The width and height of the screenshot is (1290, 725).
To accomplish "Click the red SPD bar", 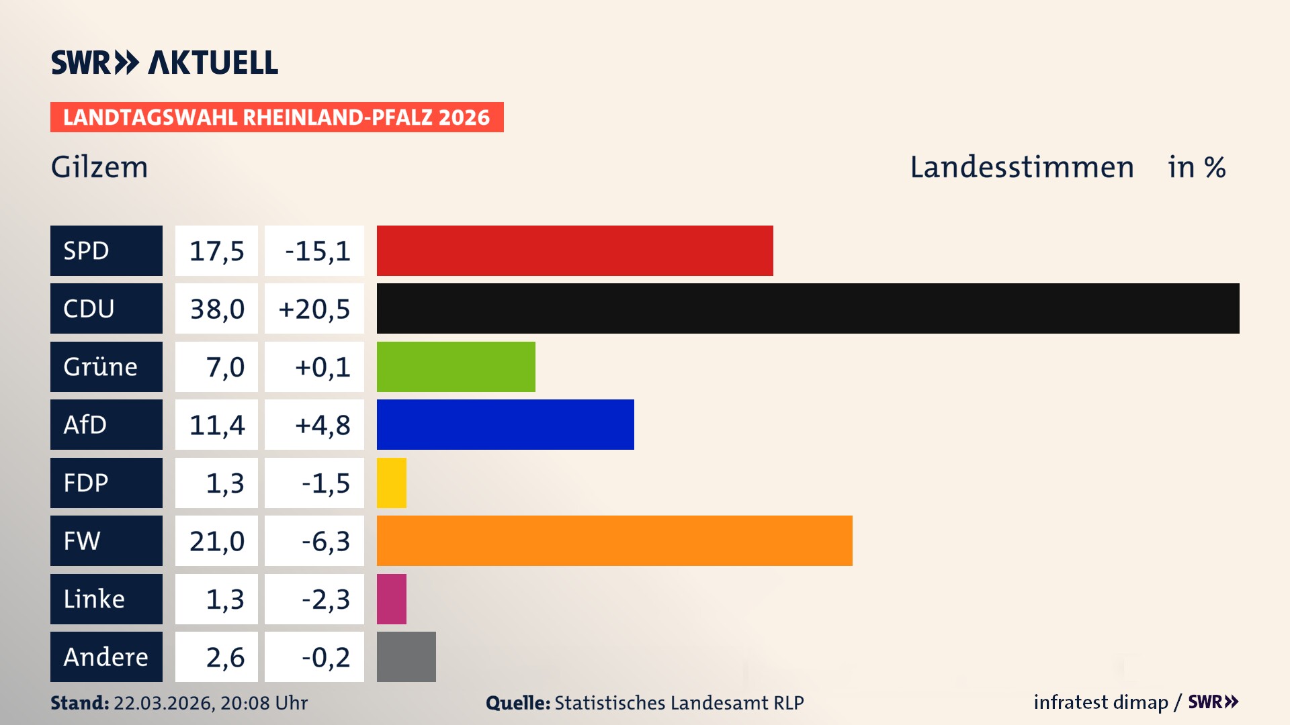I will (574, 250).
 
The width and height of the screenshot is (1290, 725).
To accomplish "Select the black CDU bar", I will (808, 309).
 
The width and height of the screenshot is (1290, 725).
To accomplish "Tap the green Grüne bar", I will (456, 367).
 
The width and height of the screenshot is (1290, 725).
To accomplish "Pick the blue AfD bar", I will (505, 424).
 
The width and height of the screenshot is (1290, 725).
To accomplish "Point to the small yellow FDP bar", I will (392, 483).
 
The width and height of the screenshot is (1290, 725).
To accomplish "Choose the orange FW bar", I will (614, 540).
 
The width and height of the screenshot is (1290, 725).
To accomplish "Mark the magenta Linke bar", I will (392, 599).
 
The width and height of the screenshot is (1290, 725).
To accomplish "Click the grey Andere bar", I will (406, 657).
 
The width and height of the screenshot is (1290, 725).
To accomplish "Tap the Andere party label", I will (106, 657).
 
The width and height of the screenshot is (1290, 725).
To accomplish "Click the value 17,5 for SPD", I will (216, 251).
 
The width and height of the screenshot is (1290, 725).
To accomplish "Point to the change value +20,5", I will (314, 309).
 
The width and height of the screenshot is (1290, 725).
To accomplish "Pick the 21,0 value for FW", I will (216, 541).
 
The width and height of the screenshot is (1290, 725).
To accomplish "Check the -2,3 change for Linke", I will (325, 599).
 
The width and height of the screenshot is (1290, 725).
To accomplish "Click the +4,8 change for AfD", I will (322, 425).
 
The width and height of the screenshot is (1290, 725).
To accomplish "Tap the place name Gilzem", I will (99, 167).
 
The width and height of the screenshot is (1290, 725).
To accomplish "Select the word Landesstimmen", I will (1021, 167).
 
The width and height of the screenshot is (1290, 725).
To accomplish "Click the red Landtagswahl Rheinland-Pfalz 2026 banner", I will (277, 117).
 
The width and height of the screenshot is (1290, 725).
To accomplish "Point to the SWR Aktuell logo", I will (165, 62).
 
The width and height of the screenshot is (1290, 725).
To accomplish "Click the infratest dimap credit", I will (1101, 702).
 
